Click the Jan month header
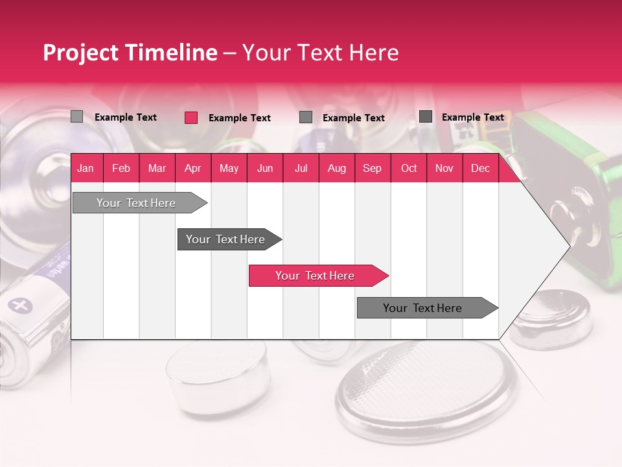click(x=86, y=169)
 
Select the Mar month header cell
click(x=157, y=169)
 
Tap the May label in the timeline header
click(x=229, y=169)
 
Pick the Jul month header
click(x=301, y=169)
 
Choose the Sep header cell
click(x=372, y=169)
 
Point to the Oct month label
click(x=409, y=169)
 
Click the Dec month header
click(x=480, y=169)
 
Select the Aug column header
click(x=336, y=169)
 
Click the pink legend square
click(x=191, y=117)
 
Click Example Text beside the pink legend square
click(x=239, y=118)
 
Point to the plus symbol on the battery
click(x=21, y=305)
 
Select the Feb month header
click(x=121, y=169)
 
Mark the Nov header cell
click(x=444, y=169)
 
